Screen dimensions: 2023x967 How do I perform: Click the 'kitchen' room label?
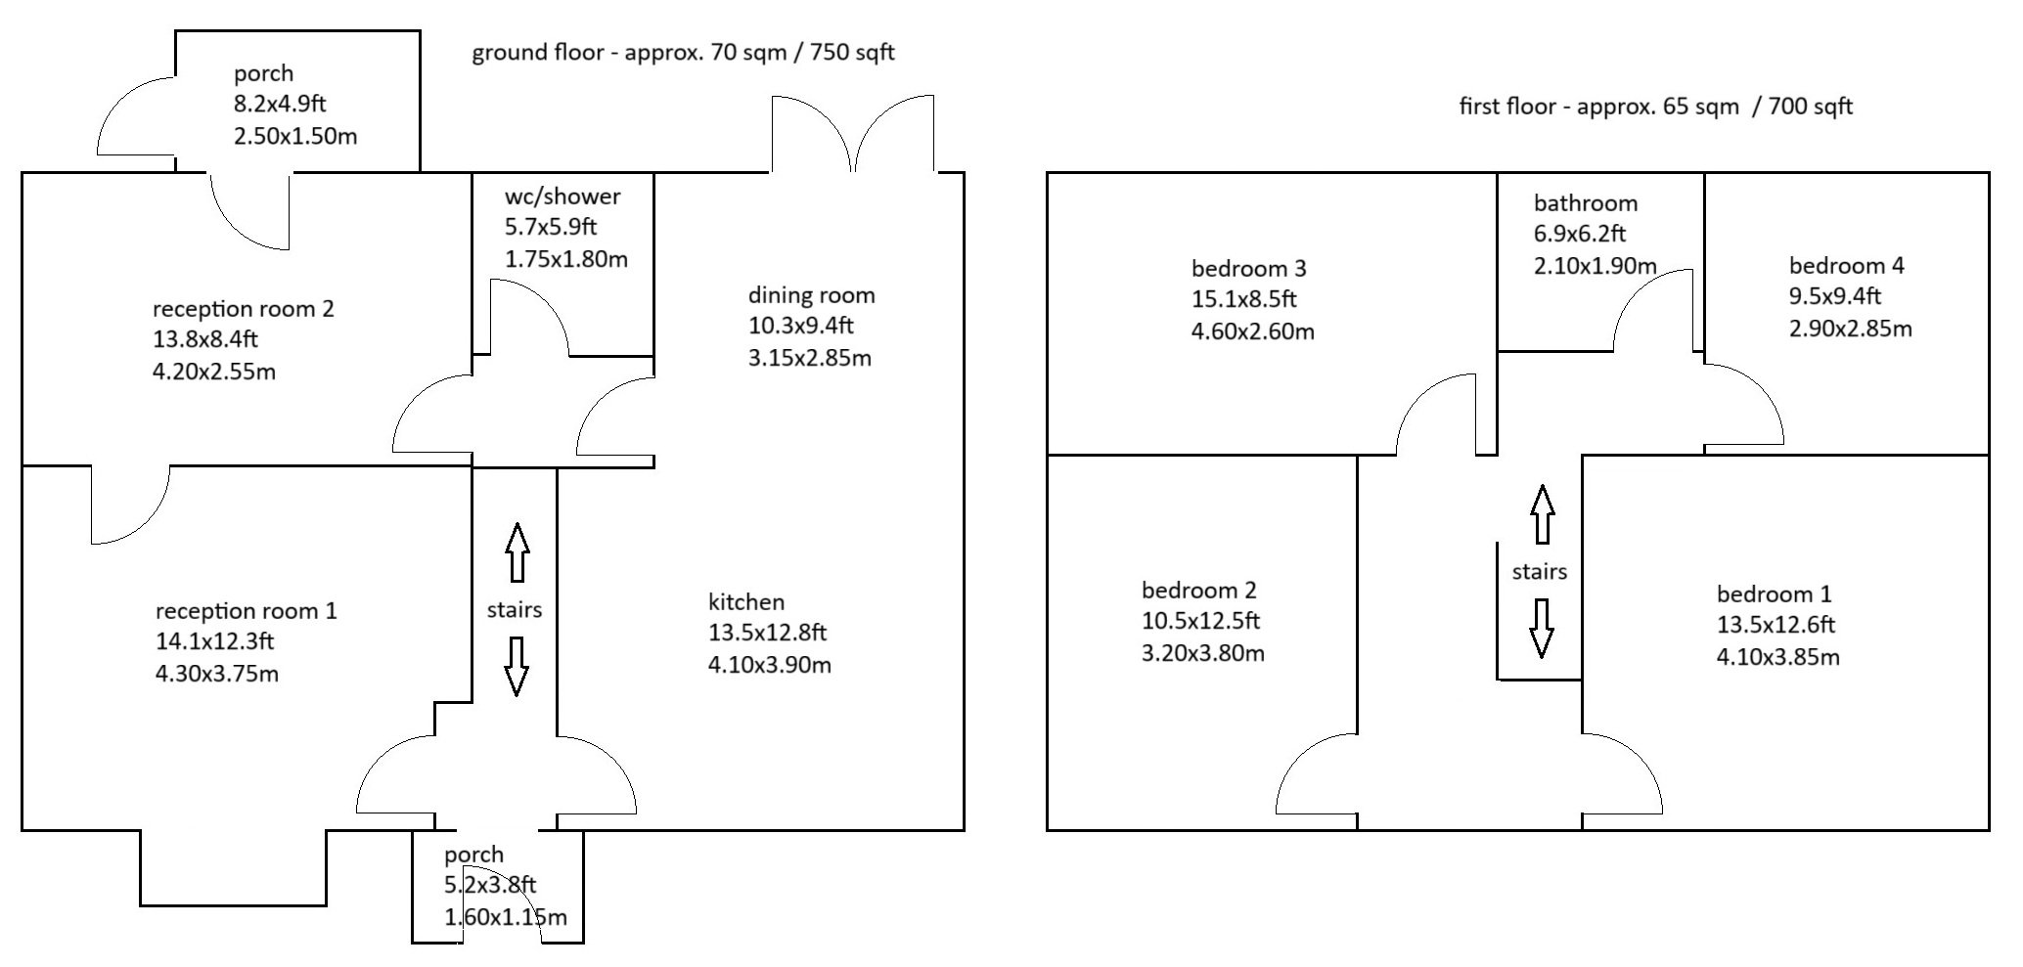click(746, 601)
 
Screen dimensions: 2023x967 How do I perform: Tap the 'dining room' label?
click(811, 295)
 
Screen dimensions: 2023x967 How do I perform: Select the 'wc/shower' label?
click(562, 197)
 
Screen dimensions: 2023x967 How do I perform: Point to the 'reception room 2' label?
click(244, 309)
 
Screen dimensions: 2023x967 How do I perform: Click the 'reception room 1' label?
click(247, 611)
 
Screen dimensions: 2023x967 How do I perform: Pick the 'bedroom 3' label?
click(1249, 268)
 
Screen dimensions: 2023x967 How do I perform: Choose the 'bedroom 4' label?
click(1847, 265)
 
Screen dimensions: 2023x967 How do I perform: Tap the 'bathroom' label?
click(1586, 203)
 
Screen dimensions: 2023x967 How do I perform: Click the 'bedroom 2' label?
click(1199, 590)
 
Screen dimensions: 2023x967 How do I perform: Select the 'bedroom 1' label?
click(1775, 593)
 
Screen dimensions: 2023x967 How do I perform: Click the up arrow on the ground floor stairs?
click(517, 552)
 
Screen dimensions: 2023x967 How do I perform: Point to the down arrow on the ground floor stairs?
click(517, 666)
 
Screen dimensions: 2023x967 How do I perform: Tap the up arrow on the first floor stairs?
click(1543, 514)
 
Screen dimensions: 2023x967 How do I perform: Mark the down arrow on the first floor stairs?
click(1542, 628)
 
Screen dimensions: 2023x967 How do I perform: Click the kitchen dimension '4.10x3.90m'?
click(770, 665)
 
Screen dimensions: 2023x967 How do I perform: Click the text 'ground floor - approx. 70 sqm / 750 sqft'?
click(684, 53)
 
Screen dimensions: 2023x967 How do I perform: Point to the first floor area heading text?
click(1656, 107)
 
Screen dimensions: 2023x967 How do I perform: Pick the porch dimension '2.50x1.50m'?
click(295, 136)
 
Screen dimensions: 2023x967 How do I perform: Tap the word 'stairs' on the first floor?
click(1540, 571)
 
